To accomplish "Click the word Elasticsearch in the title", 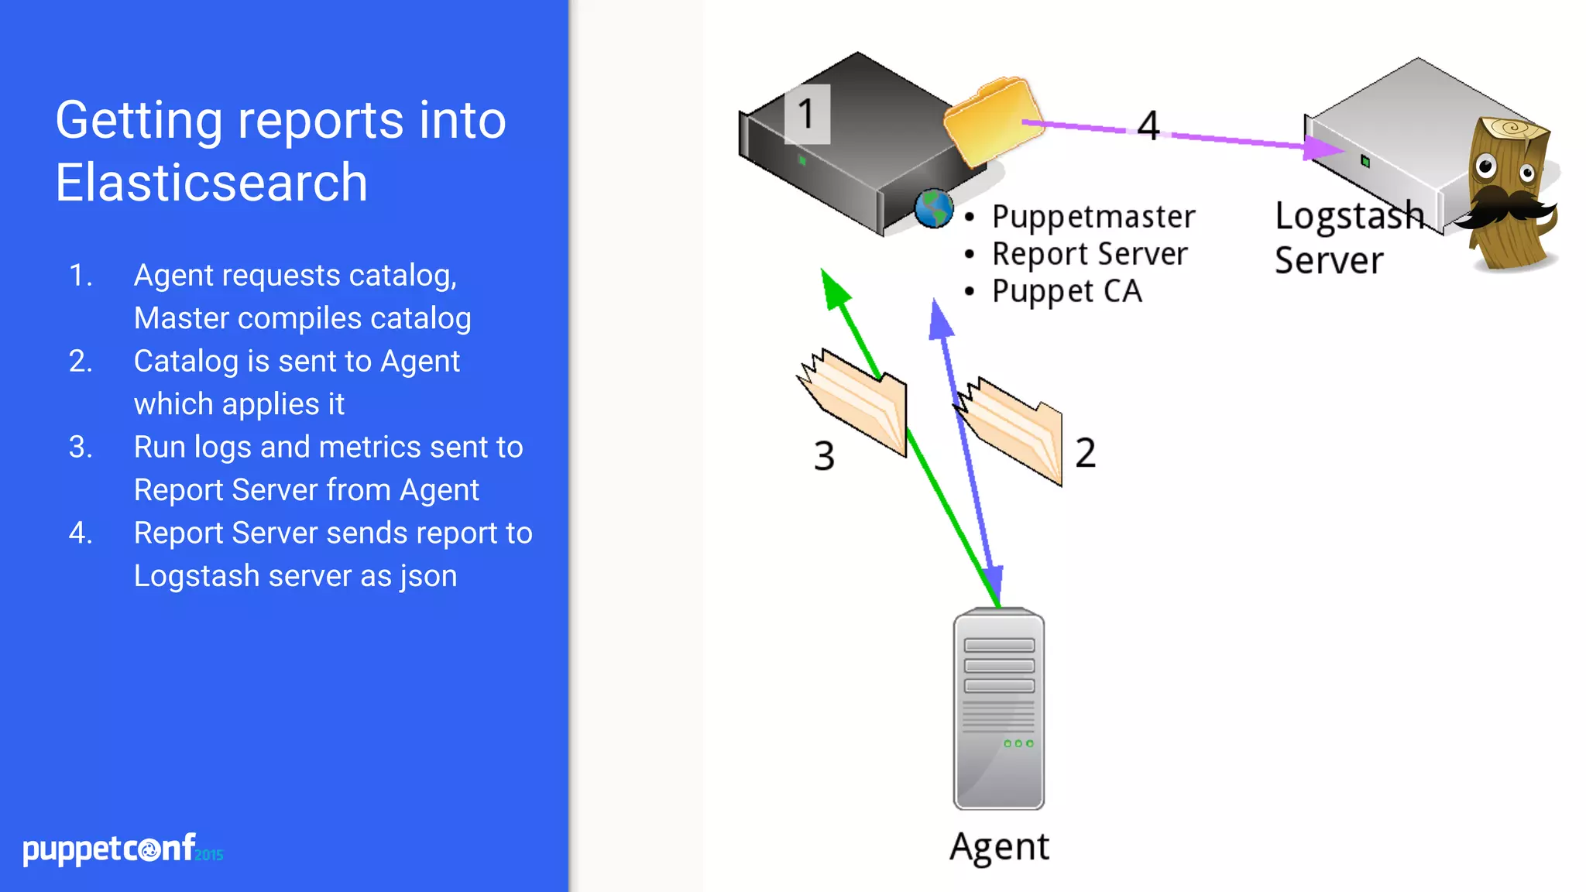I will click(211, 184).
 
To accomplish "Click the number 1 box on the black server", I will click(807, 115).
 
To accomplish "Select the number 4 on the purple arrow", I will click(1148, 125).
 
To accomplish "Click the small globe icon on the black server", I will click(934, 209).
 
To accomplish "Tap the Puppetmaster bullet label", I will click(1093, 217).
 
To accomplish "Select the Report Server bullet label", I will click(1089, 254).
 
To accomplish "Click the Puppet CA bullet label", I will click(1066, 291).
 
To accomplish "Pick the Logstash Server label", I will click(1347, 237).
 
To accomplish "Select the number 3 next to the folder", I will click(824, 455).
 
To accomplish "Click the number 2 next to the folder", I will click(1085, 452).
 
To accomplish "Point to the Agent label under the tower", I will click(999, 847).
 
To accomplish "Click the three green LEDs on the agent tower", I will click(1018, 743).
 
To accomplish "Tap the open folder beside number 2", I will click(1014, 431).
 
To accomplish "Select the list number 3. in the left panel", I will click(81, 448).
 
